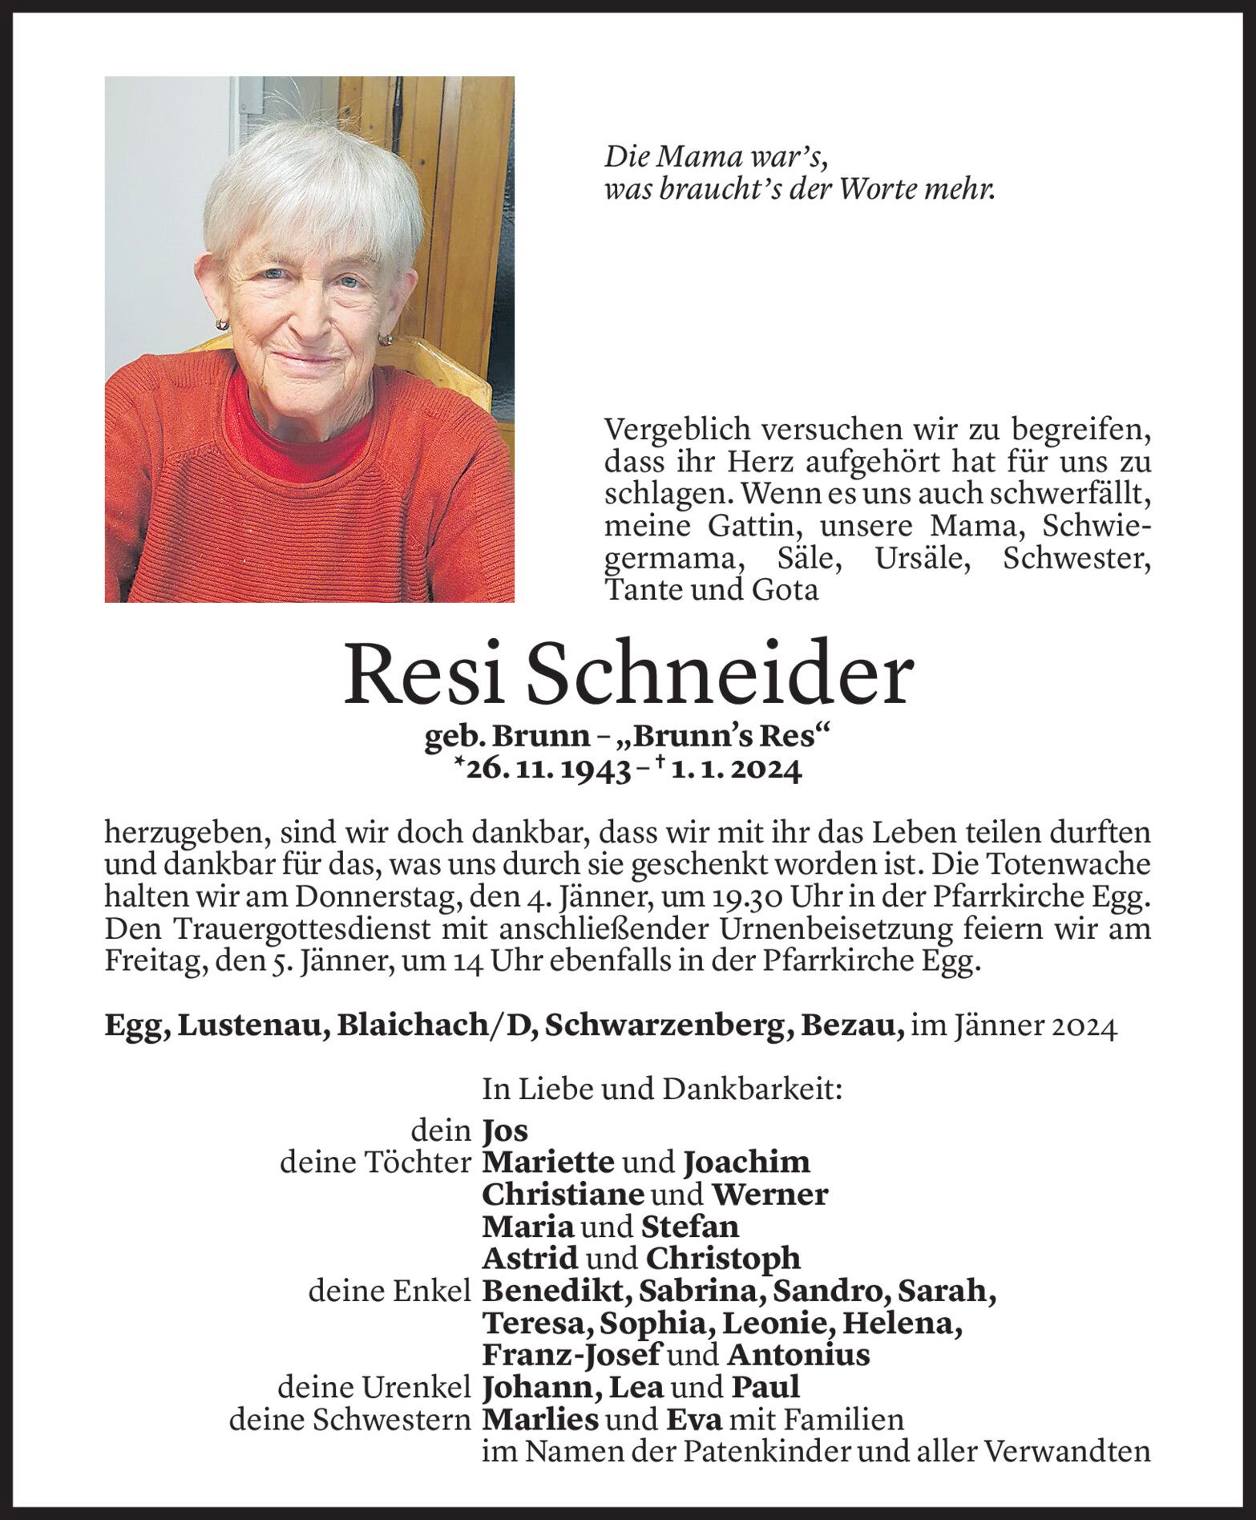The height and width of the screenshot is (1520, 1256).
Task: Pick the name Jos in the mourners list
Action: (505, 1130)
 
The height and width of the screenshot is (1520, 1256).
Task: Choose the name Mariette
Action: (548, 1162)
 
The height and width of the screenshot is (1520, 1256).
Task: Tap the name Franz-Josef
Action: (571, 1355)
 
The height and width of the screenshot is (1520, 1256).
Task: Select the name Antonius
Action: (798, 1355)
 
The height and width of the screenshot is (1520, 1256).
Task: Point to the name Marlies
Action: (540, 1420)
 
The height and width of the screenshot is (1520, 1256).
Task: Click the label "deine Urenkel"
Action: (374, 1388)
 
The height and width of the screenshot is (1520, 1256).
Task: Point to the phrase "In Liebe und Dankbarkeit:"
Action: (661, 1089)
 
